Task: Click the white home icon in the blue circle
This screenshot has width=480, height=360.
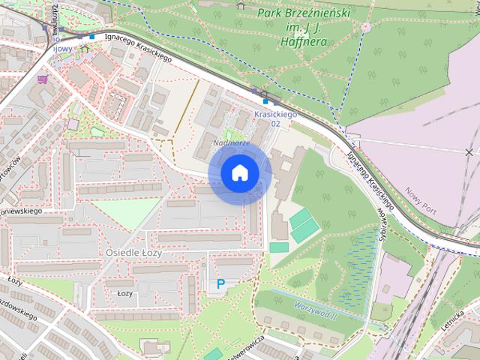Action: coord(239,173)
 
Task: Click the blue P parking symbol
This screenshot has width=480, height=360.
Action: coord(220,284)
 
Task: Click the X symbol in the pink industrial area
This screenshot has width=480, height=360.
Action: coord(469,152)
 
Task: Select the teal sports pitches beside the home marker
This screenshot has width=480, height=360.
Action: coord(301,226)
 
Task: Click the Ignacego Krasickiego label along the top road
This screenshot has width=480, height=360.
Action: coord(139,45)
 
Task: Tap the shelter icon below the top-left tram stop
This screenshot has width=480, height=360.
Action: coord(84,48)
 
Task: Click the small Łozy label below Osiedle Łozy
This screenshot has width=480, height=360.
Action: coord(125,293)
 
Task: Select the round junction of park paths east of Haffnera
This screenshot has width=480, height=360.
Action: coord(366,27)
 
